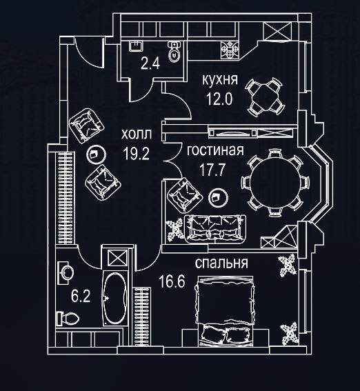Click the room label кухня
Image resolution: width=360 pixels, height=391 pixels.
219,80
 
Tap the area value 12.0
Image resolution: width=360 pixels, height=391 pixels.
219,99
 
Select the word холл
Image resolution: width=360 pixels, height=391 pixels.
137,134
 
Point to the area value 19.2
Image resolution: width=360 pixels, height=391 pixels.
136,153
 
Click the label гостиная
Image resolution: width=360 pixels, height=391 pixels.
215,150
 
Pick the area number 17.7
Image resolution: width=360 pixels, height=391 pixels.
212,170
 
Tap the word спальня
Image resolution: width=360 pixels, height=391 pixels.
221,263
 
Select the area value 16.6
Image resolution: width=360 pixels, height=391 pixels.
172,282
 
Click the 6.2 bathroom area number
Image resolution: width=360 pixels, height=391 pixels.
81,297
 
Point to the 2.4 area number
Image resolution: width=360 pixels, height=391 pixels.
150,63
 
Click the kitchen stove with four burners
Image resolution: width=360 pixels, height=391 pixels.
230,50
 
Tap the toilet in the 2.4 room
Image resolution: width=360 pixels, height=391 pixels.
174,52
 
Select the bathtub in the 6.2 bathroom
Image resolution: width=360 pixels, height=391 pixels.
115,298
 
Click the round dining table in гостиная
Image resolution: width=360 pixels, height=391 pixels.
275,182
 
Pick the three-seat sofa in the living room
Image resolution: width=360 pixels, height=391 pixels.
215,229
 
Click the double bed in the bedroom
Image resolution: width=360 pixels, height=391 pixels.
225,312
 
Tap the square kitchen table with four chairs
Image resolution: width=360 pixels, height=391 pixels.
265,97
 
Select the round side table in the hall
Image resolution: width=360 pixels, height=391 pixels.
96,154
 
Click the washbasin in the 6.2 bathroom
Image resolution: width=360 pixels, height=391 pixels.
66,273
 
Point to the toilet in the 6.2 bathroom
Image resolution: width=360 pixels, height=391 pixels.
68,319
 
